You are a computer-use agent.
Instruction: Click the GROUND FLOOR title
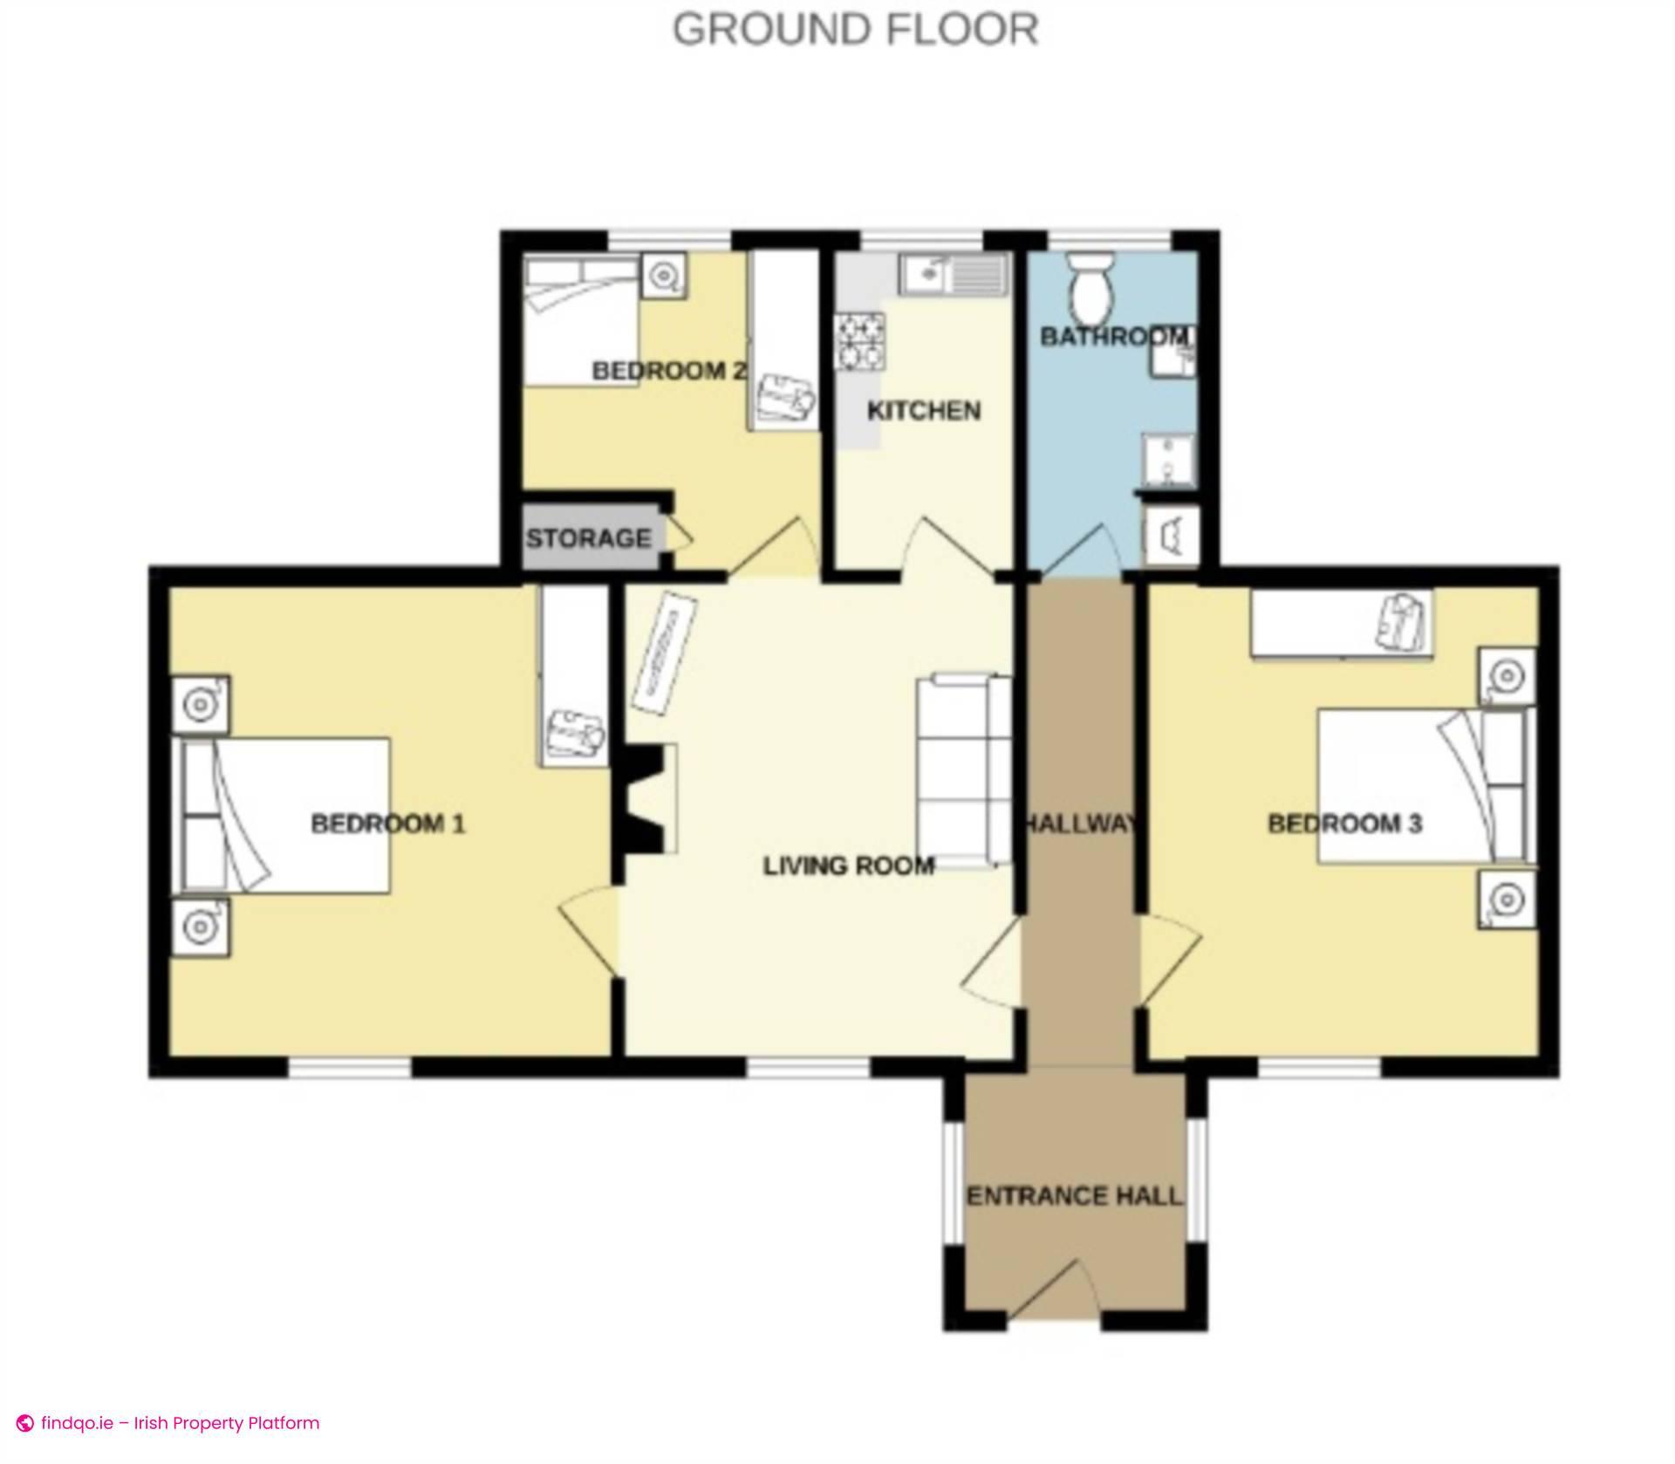[x=855, y=29]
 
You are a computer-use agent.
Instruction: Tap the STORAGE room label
[x=588, y=538]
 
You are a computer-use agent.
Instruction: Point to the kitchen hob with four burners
[x=861, y=342]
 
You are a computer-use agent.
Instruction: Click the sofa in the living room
[x=963, y=770]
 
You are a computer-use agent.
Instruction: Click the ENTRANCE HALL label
[x=1074, y=1195]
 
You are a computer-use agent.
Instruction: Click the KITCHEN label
[x=923, y=410]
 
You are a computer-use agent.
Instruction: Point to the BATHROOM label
[x=1113, y=336]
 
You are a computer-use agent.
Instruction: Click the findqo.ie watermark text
[x=180, y=1423]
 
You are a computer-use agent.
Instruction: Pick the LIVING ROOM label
[x=848, y=865]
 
